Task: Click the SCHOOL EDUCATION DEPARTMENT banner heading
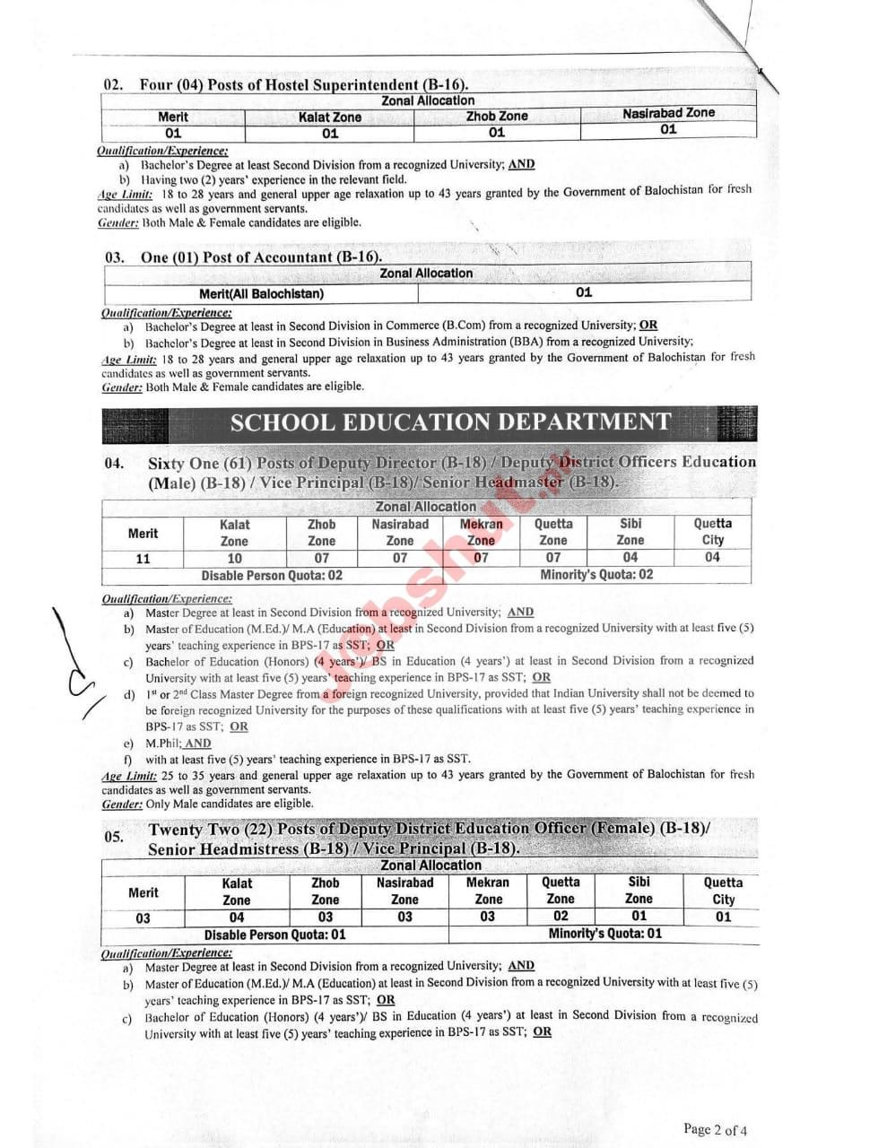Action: pos(450,422)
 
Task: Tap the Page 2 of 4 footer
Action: pos(714,1129)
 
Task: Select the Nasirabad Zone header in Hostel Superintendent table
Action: pos(668,113)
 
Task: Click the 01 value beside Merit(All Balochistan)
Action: pos(584,292)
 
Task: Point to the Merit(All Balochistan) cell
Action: pos(261,293)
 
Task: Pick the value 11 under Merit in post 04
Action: pos(143,559)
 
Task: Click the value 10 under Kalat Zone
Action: pos(234,558)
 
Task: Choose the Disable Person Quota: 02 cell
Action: pos(271,576)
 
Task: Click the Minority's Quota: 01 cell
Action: pos(604,934)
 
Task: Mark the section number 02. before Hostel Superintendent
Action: pos(113,85)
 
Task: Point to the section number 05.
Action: pos(113,837)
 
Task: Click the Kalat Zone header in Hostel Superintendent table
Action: pos(329,117)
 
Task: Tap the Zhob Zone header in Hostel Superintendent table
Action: pos(496,116)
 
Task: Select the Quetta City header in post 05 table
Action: pos(723,891)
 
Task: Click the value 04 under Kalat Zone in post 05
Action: pos(236,918)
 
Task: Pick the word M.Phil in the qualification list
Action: pos(163,744)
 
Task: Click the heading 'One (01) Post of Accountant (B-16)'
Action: pos(260,257)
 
